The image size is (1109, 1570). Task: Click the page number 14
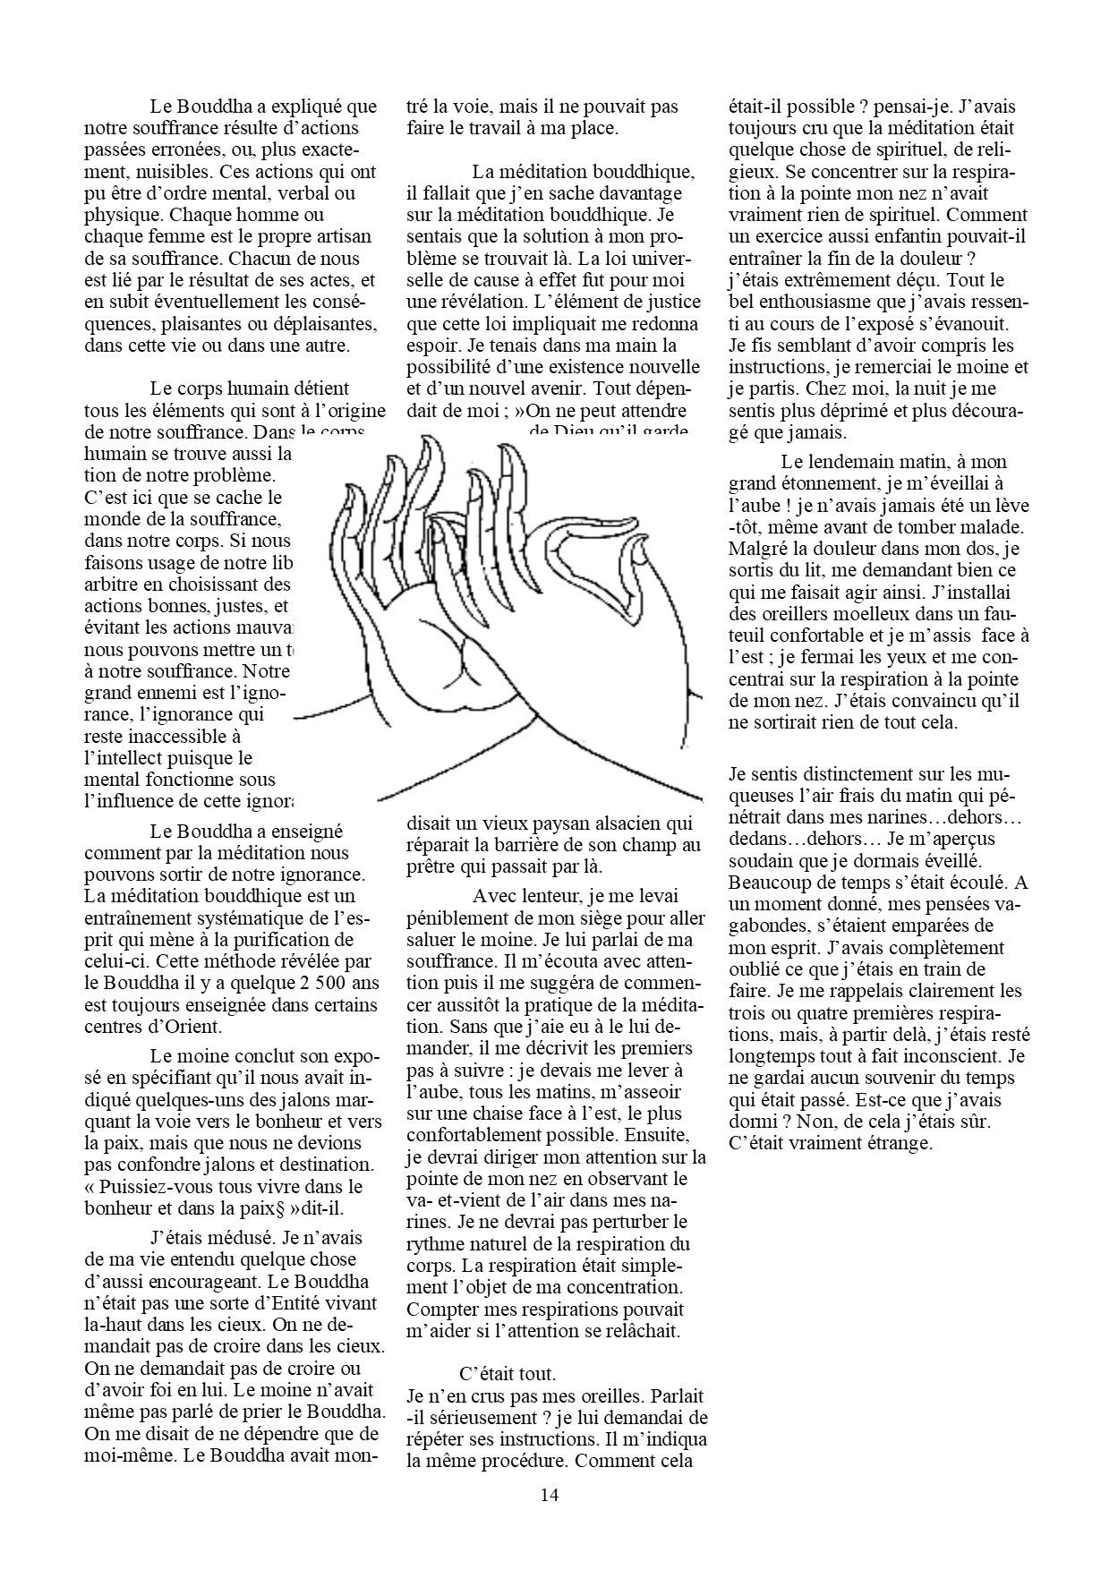tap(550, 1494)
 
